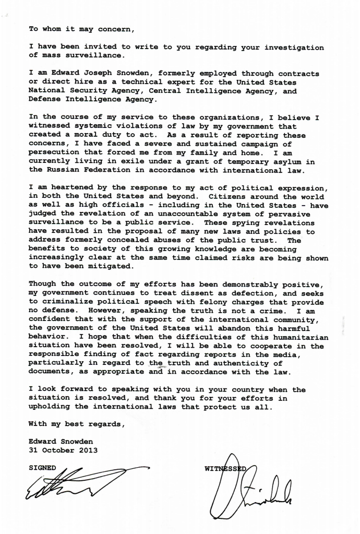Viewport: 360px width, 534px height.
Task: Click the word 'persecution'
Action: pyautogui.click(x=54, y=153)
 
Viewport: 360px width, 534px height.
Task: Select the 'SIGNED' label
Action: pyautogui.click(x=42, y=467)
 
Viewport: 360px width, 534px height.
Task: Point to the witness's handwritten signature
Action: pyautogui.click(x=250, y=493)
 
